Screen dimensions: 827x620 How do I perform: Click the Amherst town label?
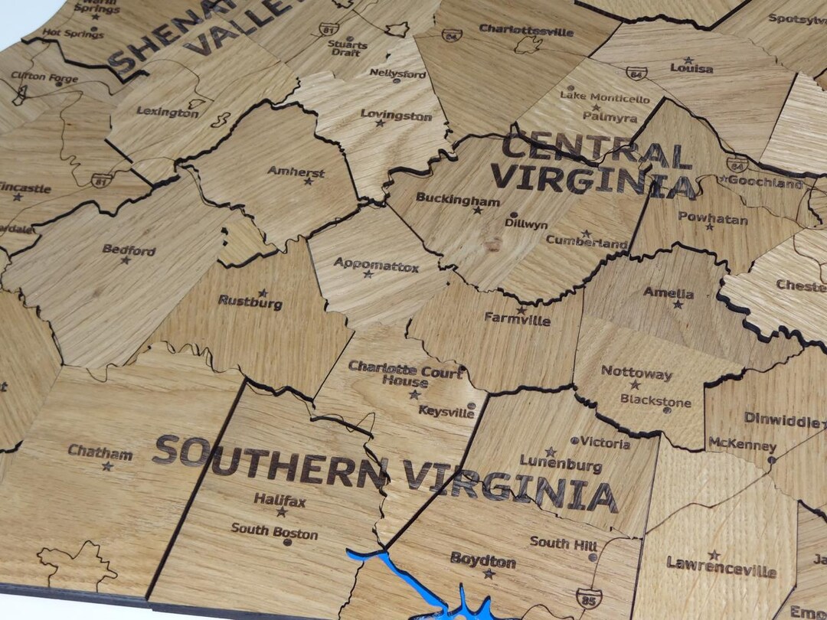pos(296,171)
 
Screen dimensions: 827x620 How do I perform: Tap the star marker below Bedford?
pos(126,260)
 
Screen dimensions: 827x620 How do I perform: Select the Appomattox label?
pos(376,266)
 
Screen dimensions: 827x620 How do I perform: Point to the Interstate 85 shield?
pos(588,597)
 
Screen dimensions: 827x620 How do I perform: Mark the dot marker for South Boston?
pos(288,542)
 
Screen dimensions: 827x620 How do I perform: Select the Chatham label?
pos(100,452)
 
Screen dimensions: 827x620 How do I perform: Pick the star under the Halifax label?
pos(281,512)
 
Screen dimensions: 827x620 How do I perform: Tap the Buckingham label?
pos(458,199)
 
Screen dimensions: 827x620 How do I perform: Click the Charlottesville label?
pos(526,31)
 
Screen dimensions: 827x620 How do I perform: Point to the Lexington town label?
pos(167,112)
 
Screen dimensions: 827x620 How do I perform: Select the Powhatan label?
pos(712,219)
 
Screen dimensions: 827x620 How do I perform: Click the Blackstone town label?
pos(655,401)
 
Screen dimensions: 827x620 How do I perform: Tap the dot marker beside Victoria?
pos(575,441)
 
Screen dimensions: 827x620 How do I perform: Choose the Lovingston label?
pos(396,116)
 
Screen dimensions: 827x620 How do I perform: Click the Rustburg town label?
pos(250,302)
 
